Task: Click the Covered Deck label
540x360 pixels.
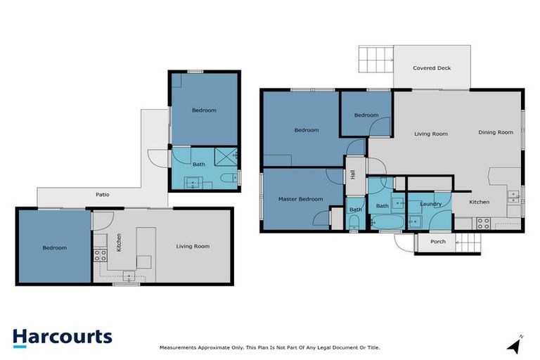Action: pyautogui.click(x=432, y=68)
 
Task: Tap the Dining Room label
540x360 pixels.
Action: pyautogui.click(x=496, y=132)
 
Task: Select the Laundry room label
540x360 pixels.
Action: pyautogui.click(x=430, y=204)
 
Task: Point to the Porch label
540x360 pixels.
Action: pyautogui.click(x=438, y=241)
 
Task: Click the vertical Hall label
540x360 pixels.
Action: pyautogui.click(x=353, y=172)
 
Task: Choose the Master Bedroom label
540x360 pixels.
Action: pyautogui.click(x=300, y=199)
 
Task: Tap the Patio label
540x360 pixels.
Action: pyautogui.click(x=103, y=195)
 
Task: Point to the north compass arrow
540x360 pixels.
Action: pyautogui.click(x=515, y=345)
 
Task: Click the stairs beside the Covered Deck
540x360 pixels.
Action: pyautogui.click(x=375, y=59)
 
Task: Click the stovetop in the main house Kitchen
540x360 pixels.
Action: pyautogui.click(x=483, y=223)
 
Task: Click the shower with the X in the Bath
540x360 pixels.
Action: pyautogui.click(x=225, y=156)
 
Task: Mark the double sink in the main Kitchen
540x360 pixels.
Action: pyautogui.click(x=514, y=194)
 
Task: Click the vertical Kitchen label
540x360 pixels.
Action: pyautogui.click(x=119, y=242)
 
